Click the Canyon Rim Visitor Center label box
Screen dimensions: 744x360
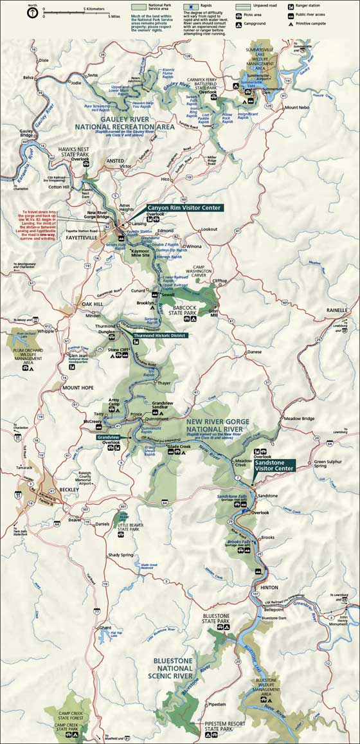coord(184,208)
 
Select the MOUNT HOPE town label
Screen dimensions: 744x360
coord(77,388)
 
